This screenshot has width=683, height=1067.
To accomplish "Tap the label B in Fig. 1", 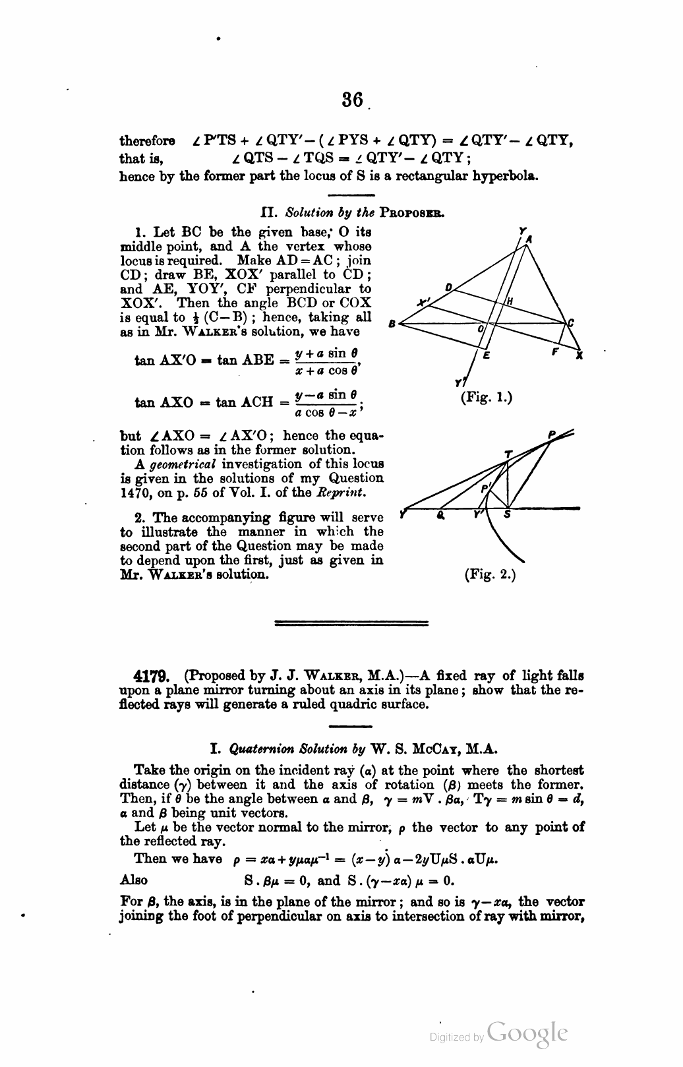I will [391, 324].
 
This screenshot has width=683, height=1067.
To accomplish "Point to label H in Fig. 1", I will [508, 301].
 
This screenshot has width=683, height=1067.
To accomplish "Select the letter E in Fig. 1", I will [487, 355].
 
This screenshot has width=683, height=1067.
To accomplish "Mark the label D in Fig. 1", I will [448, 287].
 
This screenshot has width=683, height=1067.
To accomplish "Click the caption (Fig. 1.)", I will [486, 398].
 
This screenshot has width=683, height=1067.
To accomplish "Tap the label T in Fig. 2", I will [508, 454].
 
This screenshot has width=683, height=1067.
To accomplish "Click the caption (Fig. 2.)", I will [490, 574].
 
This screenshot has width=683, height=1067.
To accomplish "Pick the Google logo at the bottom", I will [527, 1033].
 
